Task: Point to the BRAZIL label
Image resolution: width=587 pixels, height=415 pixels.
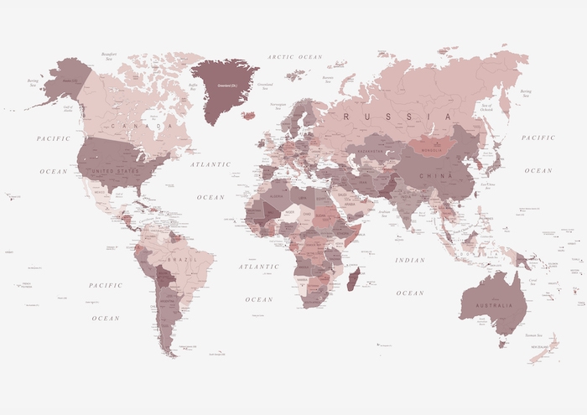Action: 179,260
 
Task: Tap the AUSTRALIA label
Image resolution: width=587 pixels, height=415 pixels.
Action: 496,304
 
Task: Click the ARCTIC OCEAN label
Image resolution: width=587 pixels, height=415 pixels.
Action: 294,57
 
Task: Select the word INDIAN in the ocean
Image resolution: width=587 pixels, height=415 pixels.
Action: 410,261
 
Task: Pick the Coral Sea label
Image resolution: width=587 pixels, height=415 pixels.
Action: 532,282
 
